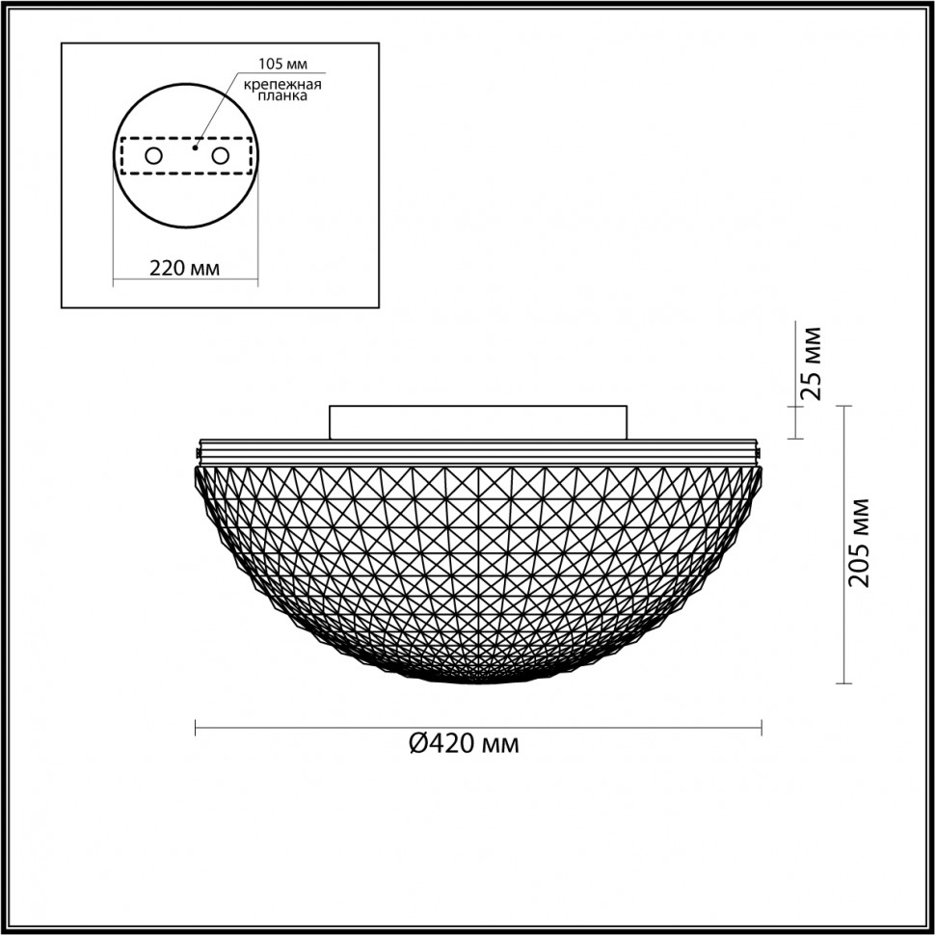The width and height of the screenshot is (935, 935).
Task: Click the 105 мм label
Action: point(282,65)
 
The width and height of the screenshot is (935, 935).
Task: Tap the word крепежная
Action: point(282,85)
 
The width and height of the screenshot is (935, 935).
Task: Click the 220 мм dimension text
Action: point(185,269)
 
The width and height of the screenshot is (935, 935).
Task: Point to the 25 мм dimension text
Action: point(813,362)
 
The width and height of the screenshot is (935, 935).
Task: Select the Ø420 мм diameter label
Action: point(464,744)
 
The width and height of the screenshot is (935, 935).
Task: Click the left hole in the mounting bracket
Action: point(153,155)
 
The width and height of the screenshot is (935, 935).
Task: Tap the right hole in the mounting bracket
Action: point(221,155)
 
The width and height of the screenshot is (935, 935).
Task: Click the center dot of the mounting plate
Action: point(195,148)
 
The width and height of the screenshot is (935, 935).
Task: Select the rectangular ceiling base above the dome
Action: point(478,422)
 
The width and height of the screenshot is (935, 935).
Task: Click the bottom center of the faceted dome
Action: point(478,680)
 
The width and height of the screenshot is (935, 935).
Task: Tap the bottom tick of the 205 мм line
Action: point(845,683)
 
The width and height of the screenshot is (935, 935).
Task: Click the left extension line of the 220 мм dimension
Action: point(114,241)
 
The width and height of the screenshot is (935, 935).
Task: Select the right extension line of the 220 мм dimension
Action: point(259,241)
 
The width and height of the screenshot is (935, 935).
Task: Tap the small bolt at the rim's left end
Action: point(198,451)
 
